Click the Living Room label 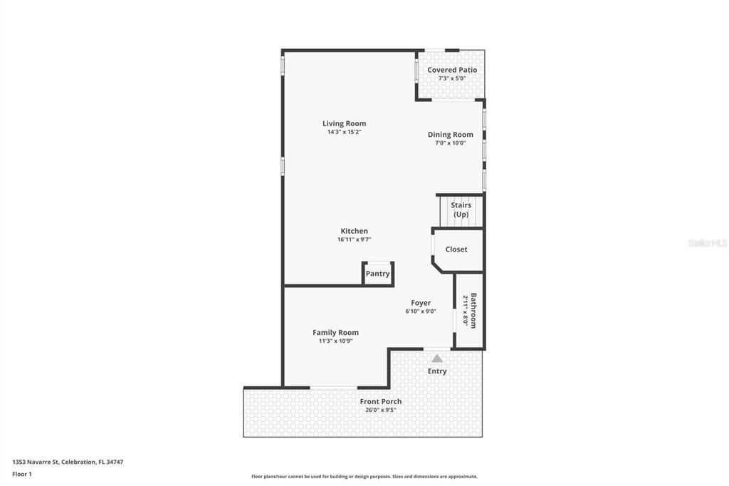tap(344, 123)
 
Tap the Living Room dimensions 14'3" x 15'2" tap(344, 132)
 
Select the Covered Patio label tap(452, 70)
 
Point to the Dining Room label tap(450, 135)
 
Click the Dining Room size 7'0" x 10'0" tap(450, 143)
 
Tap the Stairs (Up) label tap(461, 210)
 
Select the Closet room tap(456, 249)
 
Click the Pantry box tap(377, 274)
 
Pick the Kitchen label tap(354, 231)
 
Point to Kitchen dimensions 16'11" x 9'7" tap(354, 239)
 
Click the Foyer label tap(421, 303)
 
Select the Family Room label tap(335, 332)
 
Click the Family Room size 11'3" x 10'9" tap(335, 341)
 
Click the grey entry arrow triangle tap(437, 358)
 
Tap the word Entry tap(437, 371)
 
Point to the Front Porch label tap(380, 401)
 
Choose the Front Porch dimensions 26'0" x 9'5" tap(380, 410)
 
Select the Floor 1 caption tap(22, 474)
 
